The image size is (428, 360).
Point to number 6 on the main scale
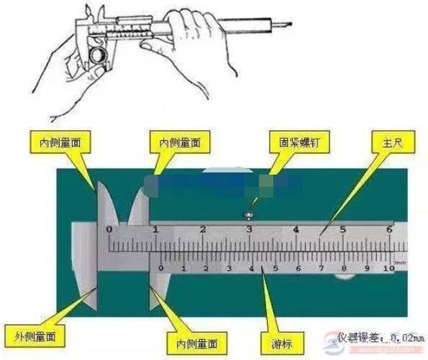[x=389, y=230]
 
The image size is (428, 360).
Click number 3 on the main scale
[x=249, y=230]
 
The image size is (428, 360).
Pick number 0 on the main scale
[x=109, y=230]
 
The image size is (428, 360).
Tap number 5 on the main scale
[x=343, y=230]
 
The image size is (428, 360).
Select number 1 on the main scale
[x=156, y=230]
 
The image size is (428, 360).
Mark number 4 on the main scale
[x=296, y=230]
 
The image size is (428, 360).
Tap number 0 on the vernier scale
[x=160, y=268]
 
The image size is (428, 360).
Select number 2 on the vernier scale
[x=206, y=268]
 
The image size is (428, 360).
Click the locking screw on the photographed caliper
[x=249, y=214]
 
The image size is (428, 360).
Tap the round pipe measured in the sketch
[x=98, y=56]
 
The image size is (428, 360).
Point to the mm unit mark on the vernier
[x=399, y=262]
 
